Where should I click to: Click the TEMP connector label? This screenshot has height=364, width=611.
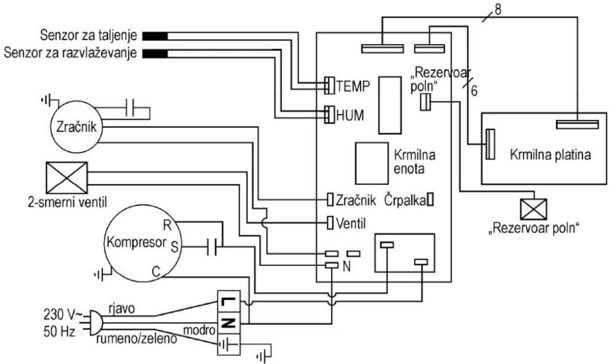(353, 86)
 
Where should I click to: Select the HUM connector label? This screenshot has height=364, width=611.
(350, 115)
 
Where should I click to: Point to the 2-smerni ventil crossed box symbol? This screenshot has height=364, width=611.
(67, 178)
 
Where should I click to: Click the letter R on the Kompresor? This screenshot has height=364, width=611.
(167, 225)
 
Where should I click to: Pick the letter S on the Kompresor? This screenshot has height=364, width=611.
(174, 247)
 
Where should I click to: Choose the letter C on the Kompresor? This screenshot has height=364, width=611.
(156, 272)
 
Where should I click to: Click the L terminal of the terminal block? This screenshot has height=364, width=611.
(228, 301)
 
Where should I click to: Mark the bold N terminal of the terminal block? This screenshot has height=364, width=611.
(228, 324)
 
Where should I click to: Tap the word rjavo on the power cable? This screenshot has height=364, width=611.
(122, 309)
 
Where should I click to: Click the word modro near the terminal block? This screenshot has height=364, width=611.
(199, 330)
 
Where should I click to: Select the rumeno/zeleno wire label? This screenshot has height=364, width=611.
(137, 339)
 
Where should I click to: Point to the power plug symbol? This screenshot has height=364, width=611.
(96, 323)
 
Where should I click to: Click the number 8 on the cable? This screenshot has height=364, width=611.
(498, 10)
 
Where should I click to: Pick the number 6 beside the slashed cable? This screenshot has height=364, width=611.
(474, 91)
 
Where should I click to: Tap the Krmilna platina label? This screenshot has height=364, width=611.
(551, 155)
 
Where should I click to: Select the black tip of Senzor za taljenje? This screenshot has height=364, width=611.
(155, 36)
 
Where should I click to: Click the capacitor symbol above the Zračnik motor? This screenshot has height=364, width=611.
(130, 108)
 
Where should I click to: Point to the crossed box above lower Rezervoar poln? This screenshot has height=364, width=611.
(533, 209)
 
